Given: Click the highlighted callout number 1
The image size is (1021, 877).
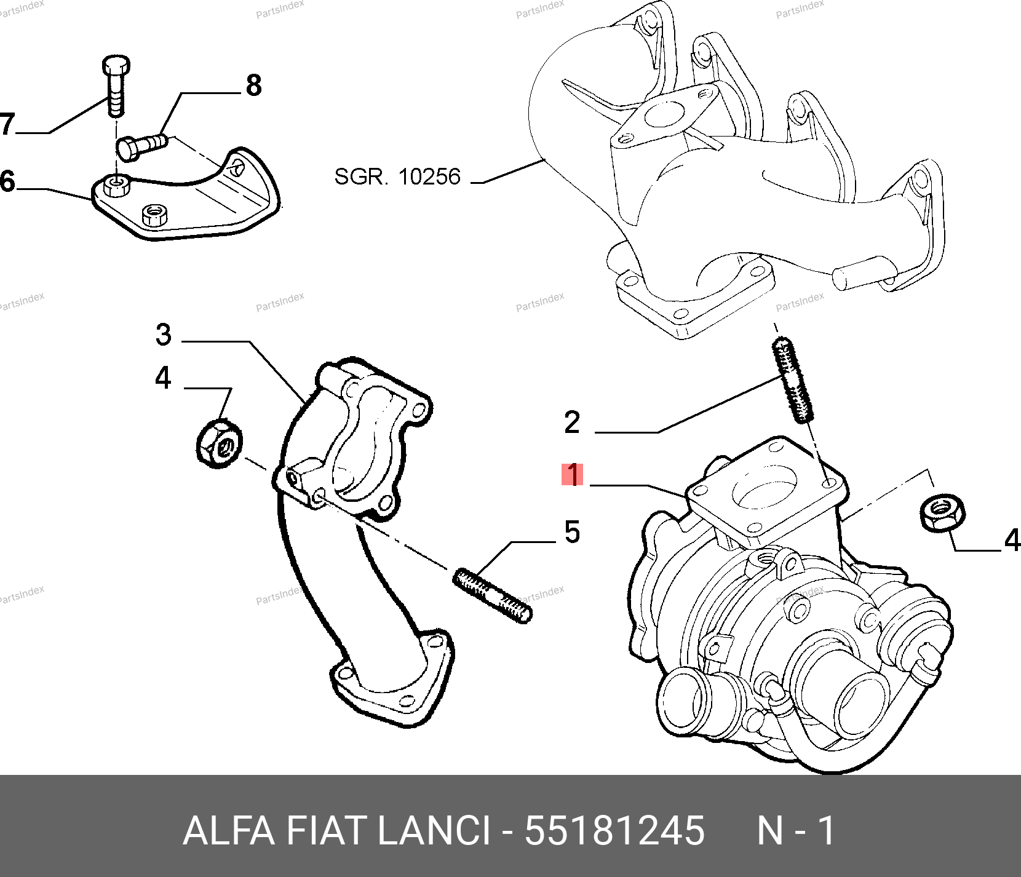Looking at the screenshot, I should pyautogui.click(x=572, y=475).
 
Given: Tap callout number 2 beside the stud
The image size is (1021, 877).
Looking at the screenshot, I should pyautogui.click(x=572, y=423).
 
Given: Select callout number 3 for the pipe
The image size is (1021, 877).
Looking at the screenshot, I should pyautogui.click(x=163, y=335).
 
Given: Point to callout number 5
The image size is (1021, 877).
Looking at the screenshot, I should pyautogui.click(x=572, y=532).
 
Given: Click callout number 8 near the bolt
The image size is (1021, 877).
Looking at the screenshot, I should pyautogui.click(x=253, y=85).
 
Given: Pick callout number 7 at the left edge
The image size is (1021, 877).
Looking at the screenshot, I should pyautogui.click(x=7, y=124).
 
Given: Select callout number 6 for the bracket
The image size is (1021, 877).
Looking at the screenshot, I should pyautogui.click(x=7, y=182).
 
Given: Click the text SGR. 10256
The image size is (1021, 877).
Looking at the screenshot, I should pyautogui.click(x=397, y=177).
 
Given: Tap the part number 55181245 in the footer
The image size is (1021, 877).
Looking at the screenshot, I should pyautogui.click(x=614, y=831).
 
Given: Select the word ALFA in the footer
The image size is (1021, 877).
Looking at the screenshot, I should pyautogui.click(x=229, y=831).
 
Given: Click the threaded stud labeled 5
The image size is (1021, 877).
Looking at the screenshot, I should pyautogui.click(x=492, y=596).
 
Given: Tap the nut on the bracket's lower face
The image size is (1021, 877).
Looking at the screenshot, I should pyautogui.click(x=155, y=215).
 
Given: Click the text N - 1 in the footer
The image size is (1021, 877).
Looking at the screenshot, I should pyautogui.click(x=796, y=831).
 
